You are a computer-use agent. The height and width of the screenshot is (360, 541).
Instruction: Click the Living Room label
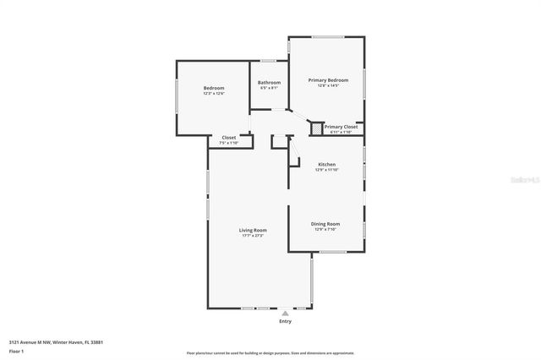252,230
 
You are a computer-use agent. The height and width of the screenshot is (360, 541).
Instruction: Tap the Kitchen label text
326,164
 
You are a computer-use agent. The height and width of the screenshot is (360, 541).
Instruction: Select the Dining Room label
325,223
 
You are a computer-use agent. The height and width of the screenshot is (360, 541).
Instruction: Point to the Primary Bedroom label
327,79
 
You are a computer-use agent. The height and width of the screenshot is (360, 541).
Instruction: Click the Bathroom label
269,82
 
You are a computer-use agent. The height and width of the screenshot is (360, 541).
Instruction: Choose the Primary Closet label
341,127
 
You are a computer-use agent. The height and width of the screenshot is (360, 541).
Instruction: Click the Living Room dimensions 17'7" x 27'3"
252,236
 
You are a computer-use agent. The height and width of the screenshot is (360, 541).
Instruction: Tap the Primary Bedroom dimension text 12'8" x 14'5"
327,85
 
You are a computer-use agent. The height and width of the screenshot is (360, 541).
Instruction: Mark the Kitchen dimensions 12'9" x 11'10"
326,170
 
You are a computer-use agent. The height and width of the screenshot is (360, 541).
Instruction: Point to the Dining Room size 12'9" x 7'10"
325,229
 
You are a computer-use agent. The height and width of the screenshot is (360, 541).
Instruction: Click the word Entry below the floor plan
285,321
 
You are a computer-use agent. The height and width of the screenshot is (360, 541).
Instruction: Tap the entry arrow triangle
285,313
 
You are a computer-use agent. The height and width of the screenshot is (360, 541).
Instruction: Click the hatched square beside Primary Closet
317,128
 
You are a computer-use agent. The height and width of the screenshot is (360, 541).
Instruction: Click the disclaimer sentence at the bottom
270,353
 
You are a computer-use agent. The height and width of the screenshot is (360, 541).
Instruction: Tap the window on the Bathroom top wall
269,60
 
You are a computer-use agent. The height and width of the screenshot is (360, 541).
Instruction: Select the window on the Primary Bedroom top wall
327,36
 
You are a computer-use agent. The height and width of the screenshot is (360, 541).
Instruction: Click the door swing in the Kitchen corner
294,152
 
